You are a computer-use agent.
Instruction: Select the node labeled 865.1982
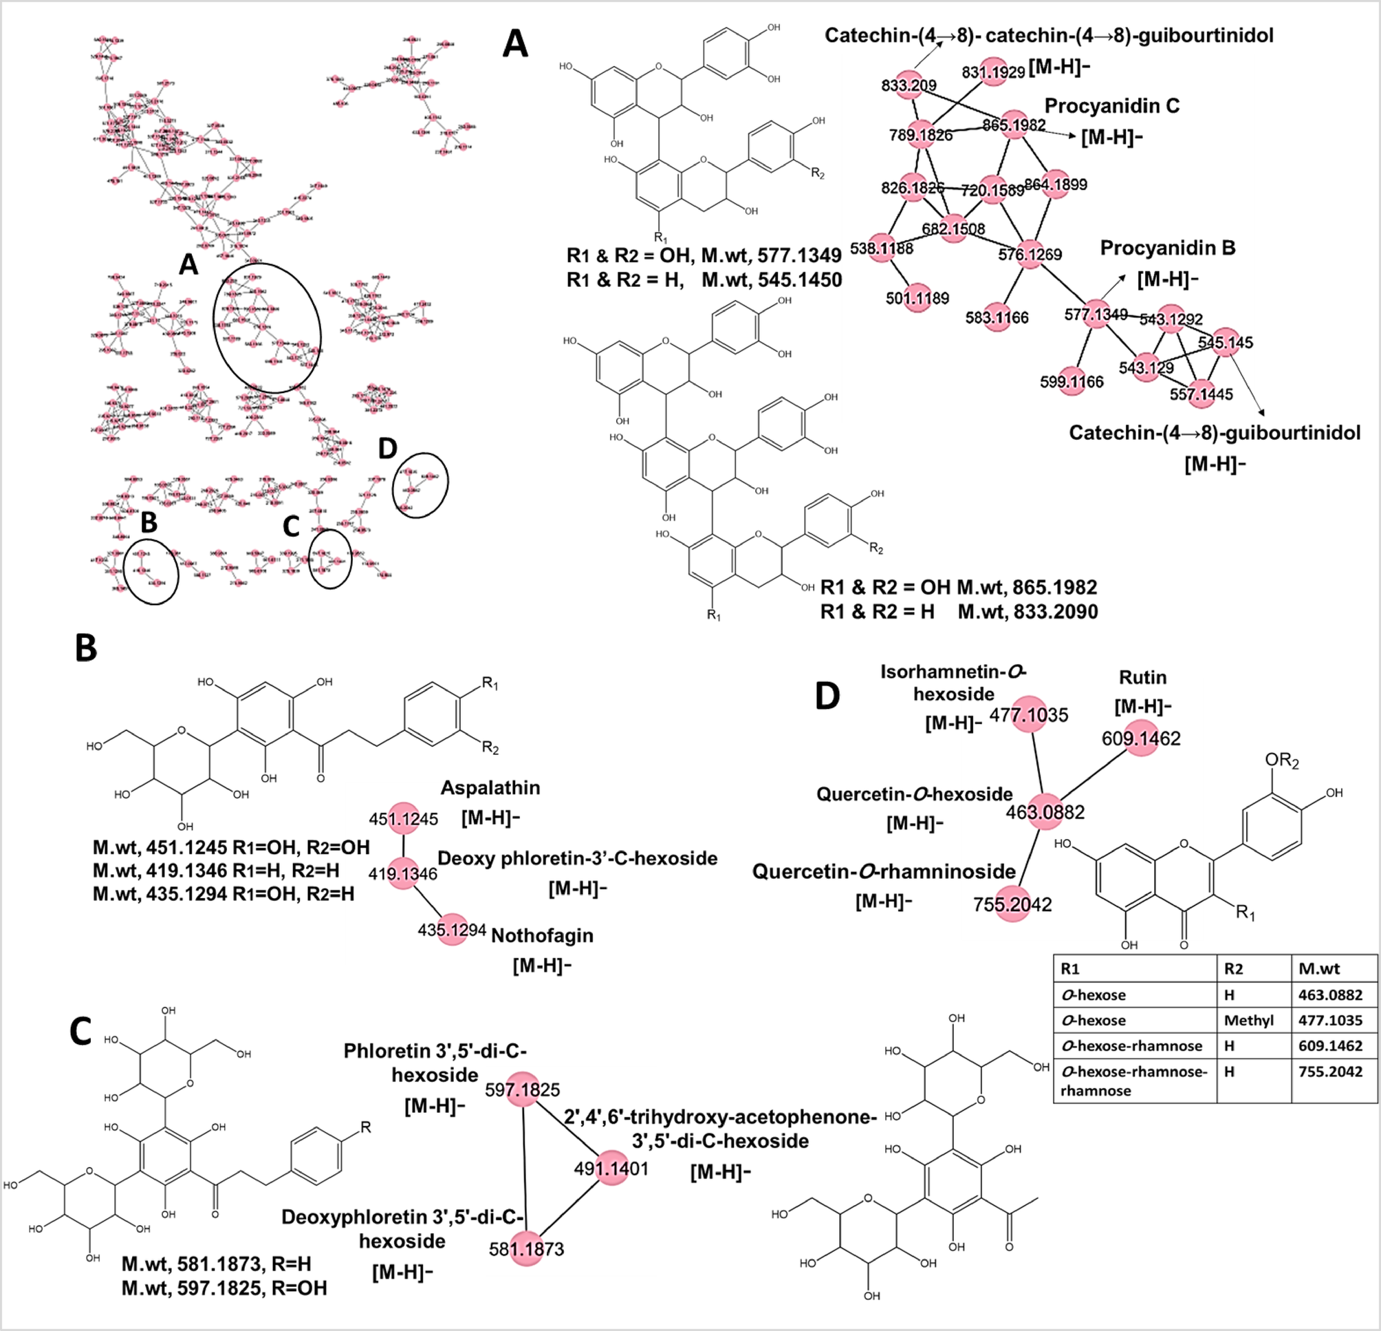click(1014, 124)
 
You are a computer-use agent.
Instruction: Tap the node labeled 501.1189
click(917, 297)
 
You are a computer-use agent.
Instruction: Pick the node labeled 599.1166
click(1072, 381)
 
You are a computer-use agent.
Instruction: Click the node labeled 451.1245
click(404, 817)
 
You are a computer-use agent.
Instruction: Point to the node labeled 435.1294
click(453, 930)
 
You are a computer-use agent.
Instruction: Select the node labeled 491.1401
click(611, 1168)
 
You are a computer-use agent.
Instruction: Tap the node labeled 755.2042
click(1013, 904)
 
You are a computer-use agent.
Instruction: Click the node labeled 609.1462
click(1141, 737)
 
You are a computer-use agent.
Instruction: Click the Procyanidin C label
click(1111, 106)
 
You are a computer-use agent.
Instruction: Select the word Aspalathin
click(490, 787)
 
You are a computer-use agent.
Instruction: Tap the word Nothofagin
click(542, 935)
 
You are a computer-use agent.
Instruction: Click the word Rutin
click(1142, 677)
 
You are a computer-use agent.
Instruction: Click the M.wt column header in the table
click(1319, 968)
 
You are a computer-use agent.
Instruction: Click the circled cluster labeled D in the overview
click(421, 485)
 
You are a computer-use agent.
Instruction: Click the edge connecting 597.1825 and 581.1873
click(524, 1170)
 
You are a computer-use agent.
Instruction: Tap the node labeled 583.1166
click(997, 317)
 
